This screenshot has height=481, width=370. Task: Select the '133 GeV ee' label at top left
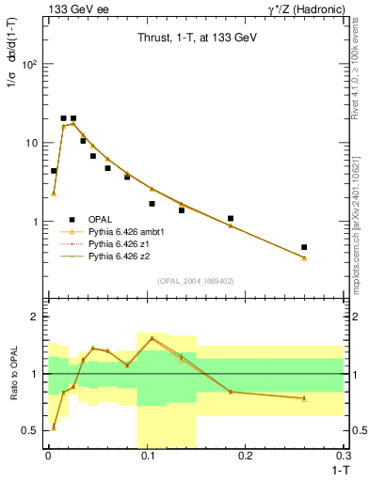coord(72,8)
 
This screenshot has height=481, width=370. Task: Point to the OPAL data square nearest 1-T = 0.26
coord(304,247)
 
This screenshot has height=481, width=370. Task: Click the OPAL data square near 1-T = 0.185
coord(231,218)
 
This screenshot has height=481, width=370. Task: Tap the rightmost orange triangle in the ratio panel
coord(304,398)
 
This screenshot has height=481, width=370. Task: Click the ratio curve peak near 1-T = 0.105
coord(152,338)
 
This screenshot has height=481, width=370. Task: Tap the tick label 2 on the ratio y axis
coord(36,317)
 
